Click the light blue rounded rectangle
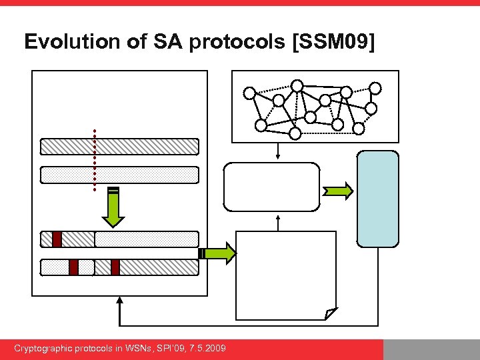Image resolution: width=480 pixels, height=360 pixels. pyautogui.click(x=378, y=199)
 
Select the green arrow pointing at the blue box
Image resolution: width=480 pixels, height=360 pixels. pyautogui.click(x=338, y=192)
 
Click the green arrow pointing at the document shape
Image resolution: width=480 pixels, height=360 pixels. pyautogui.click(x=218, y=253)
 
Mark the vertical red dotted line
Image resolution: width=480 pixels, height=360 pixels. pyautogui.click(x=95, y=160)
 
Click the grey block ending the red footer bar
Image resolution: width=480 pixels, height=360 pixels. pyautogui.click(x=431, y=349)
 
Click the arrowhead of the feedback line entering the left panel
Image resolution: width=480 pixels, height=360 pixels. pyautogui.click(x=120, y=301)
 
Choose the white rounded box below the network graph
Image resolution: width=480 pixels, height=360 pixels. pyautogui.click(x=271, y=187)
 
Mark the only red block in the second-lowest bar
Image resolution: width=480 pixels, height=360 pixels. pyautogui.click(x=57, y=239)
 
